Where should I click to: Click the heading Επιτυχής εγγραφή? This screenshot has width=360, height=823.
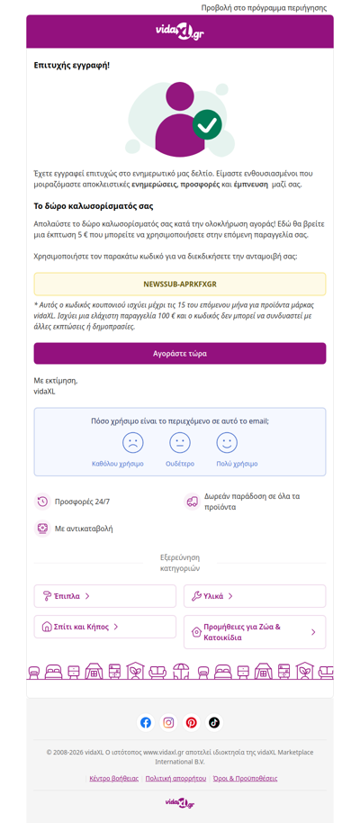click(72, 66)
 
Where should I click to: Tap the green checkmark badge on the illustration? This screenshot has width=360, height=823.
click(208, 124)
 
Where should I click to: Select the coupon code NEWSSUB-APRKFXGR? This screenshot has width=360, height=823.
click(180, 284)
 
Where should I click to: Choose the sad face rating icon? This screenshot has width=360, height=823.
click(133, 442)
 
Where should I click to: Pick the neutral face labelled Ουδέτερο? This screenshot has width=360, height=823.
click(180, 442)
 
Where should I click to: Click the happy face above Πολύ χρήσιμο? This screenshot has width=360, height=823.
click(227, 442)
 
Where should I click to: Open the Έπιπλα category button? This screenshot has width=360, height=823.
click(105, 596)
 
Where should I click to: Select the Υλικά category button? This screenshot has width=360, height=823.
click(255, 596)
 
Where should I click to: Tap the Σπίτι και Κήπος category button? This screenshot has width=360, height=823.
click(105, 627)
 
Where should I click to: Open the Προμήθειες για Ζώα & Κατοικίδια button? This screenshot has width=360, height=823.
click(255, 632)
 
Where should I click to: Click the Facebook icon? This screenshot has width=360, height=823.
click(146, 722)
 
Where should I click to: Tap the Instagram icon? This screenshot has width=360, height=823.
click(168, 722)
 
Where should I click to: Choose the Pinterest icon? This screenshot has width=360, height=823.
click(192, 722)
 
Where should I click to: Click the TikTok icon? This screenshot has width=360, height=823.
click(214, 722)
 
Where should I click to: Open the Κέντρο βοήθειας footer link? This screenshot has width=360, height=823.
click(114, 778)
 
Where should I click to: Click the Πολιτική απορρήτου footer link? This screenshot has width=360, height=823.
click(175, 778)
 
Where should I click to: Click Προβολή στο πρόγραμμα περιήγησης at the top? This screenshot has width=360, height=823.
click(264, 7)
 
